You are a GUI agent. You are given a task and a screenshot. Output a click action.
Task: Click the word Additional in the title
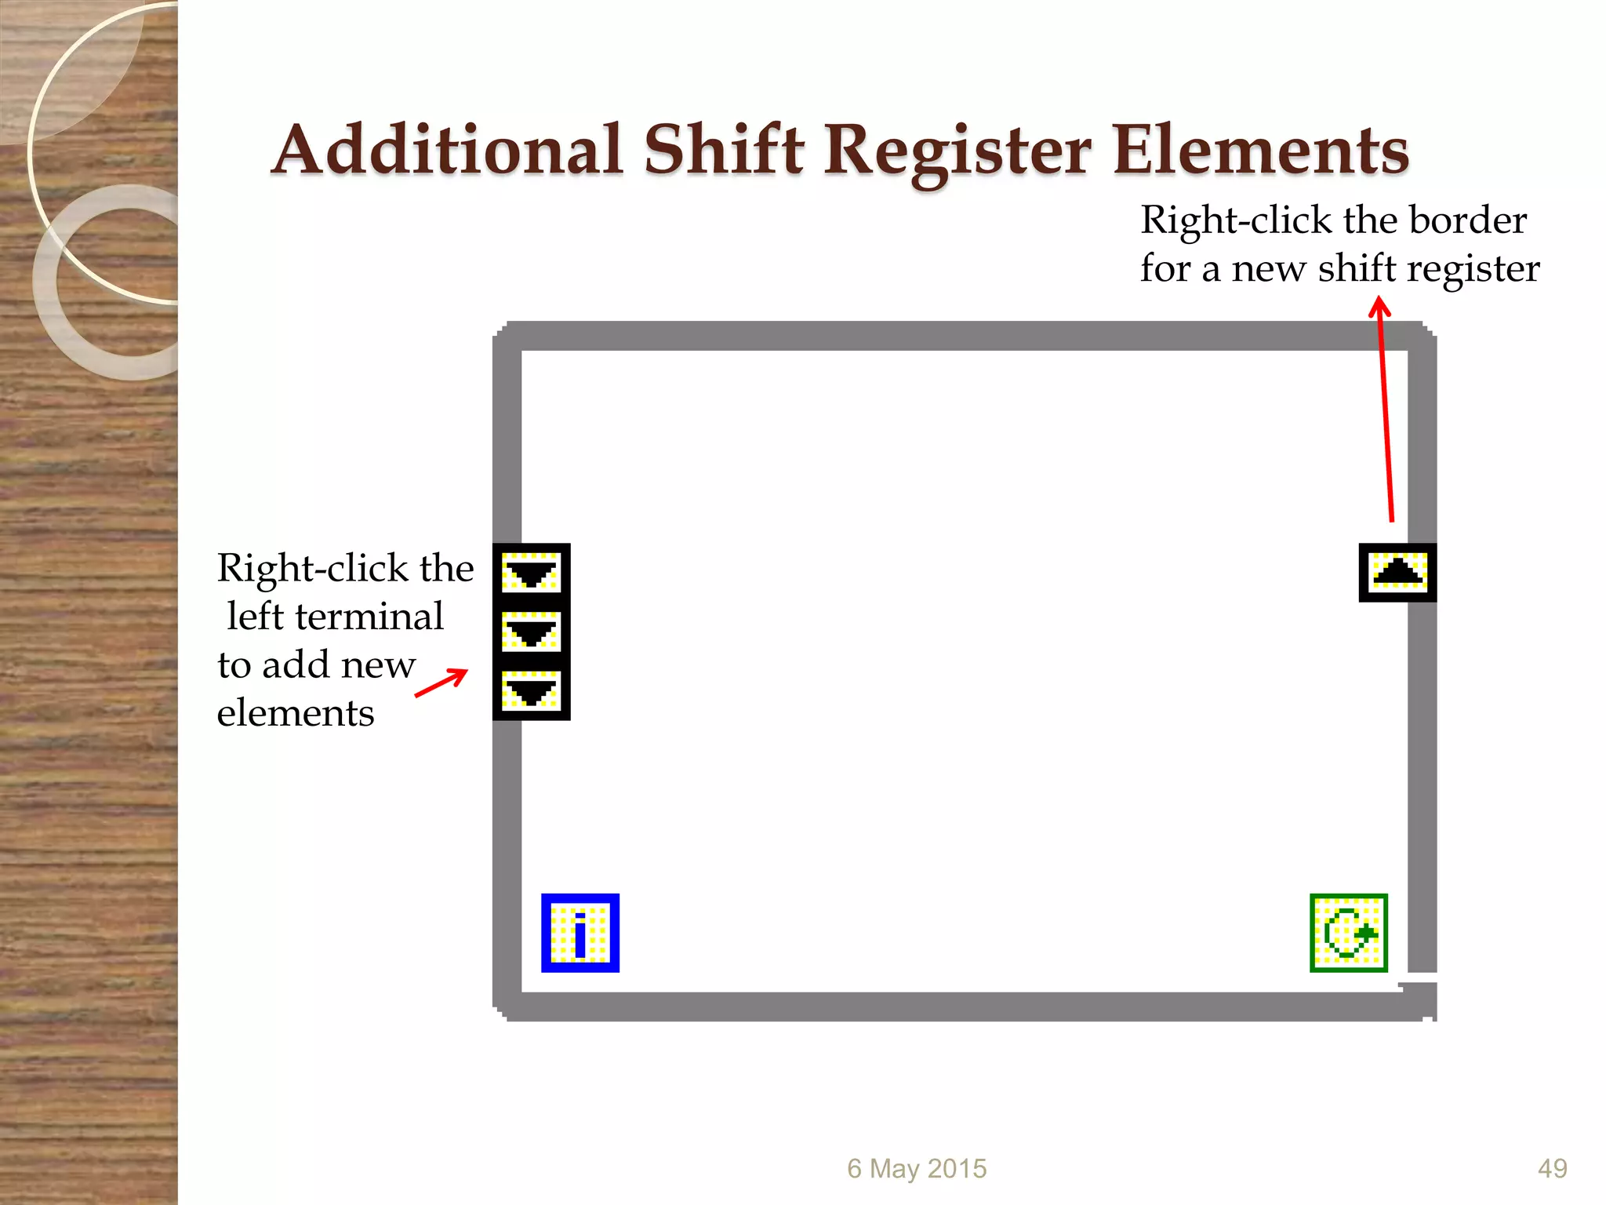tap(448, 150)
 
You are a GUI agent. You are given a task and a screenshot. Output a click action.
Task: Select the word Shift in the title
tap(724, 150)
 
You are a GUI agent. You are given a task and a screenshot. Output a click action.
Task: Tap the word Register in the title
tap(957, 151)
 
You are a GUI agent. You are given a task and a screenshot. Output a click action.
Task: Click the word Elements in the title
tap(1260, 150)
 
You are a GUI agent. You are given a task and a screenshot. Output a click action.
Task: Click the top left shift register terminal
tap(531, 573)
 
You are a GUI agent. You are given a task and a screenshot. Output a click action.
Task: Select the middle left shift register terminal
tap(531, 632)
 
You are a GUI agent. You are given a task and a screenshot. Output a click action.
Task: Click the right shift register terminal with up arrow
tap(1397, 573)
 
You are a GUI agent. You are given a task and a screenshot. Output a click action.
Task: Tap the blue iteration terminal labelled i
tap(580, 933)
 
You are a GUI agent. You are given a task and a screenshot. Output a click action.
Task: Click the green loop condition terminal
tap(1349, 933)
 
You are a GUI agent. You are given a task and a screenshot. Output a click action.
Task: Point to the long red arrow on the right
tap(1386, 408)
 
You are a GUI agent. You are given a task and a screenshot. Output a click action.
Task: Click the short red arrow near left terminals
tap(441, 683)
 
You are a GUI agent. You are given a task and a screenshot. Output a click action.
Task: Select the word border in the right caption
tap(1468, 220)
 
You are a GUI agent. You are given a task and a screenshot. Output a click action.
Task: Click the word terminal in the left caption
tap(369, 617)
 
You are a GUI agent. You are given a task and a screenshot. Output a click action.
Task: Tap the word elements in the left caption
tap(296, 713)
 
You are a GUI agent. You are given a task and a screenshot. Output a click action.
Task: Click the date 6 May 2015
tap(917, 1168)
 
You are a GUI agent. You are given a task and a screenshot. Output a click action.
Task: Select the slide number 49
tap(1552, 1168)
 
